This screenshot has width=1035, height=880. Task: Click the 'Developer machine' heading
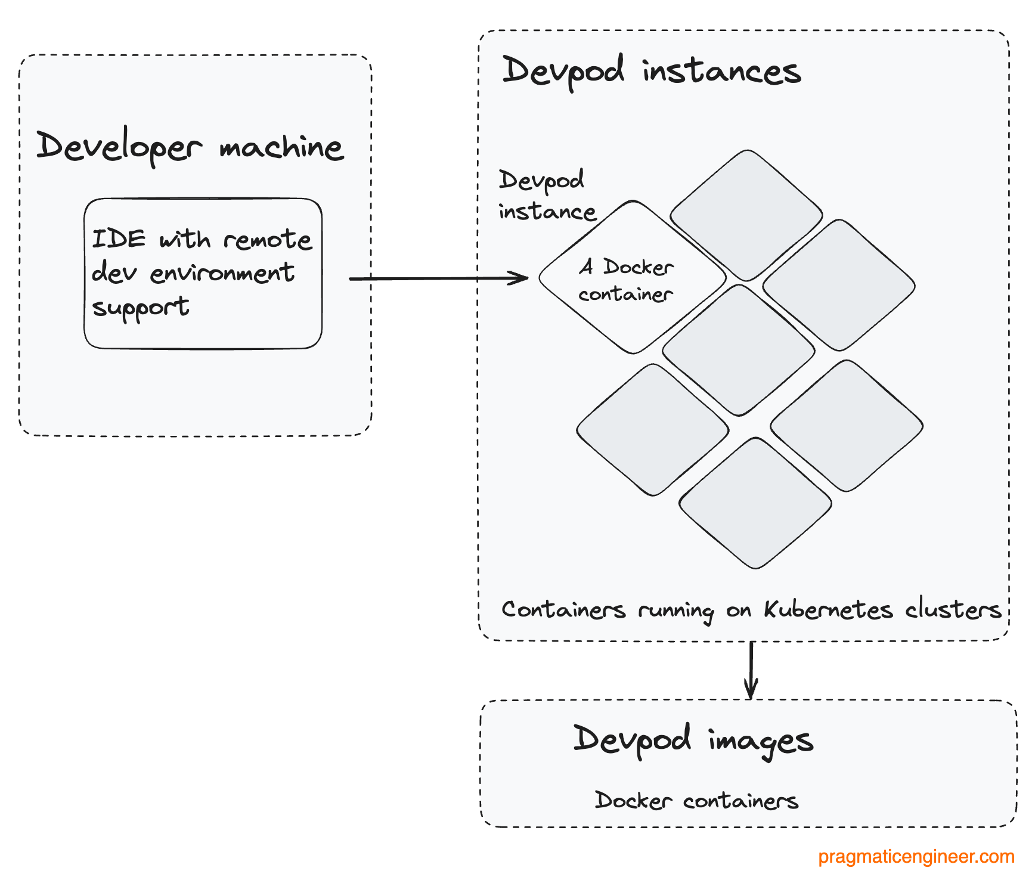(x=190, y=147)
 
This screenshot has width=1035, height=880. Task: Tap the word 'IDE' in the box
(x=119, y=239)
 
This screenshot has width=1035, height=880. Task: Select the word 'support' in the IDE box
(x=141, y=308)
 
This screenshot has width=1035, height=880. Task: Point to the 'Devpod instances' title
(x=651, y=72)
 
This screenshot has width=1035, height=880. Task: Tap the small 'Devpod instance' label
(x=546, y=196)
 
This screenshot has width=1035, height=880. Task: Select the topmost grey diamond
(x=746, y=215)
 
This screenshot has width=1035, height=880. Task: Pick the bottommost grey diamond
(x=755, y=503)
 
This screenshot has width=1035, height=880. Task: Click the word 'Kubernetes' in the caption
(x=828, y=609)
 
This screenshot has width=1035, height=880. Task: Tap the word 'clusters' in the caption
(x=953, y=609)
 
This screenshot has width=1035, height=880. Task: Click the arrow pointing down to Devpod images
(x=751, y=671)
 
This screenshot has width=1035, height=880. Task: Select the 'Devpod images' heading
(x=693, y=740)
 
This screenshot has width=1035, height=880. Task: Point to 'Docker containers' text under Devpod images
(x=696, y=800)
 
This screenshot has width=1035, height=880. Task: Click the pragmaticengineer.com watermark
(x=916, y=857)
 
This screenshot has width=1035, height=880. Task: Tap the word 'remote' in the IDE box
(x=268, y=240)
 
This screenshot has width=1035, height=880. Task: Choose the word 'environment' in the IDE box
(x=222, y=273)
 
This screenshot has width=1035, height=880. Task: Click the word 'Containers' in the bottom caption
(x=563, y=609)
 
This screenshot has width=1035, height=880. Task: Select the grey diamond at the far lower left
(x=652, y=430)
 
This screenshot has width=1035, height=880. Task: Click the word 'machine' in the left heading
(x=281, y=147)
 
